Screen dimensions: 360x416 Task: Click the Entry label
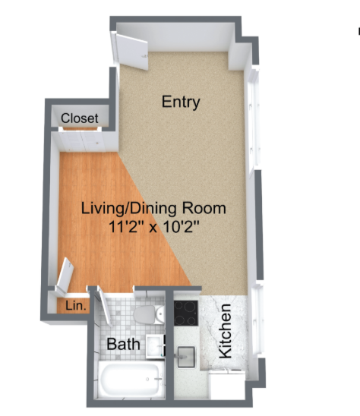(x=181, y=102)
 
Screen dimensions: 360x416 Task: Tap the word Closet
(x=80, y=118)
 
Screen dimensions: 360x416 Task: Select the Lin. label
(x=76, y=306)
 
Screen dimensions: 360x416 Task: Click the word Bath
(x=124, y=344)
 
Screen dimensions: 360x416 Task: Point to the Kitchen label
(x=226, y=331)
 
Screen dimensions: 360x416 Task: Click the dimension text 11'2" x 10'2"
(x=154, y=227)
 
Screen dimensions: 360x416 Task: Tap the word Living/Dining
(x=129, y=209)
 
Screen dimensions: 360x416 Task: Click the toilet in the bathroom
(x=149, y=314)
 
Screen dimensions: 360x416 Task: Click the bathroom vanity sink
(x=155, y=347)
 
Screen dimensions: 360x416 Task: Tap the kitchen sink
(x=186, y=357)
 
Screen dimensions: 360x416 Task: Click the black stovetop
(x=186, y=314)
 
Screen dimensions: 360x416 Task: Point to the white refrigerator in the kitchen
(x=227, y=385)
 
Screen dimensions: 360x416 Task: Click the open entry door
(x=132, y=52)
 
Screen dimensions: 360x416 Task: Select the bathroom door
(x=104, y=306)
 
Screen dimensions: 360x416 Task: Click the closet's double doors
(x=81, y=142)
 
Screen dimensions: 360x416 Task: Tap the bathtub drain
(x=147, y=380)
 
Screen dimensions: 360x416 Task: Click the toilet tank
(x=159, y=314)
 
